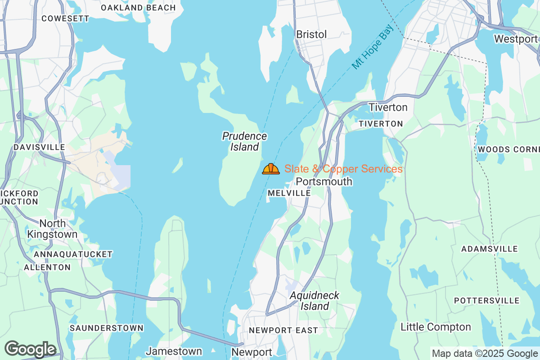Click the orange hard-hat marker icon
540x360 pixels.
271,169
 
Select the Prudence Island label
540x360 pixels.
245,141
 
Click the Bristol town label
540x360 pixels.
311,35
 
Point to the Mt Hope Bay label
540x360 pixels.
373,47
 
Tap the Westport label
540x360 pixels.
516,39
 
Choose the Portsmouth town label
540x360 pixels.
324,182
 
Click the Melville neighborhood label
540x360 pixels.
289,193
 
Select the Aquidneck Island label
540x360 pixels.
315,301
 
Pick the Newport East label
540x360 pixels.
283,330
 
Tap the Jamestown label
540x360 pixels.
174,351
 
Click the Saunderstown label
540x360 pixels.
107,328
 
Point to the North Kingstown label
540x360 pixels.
52,229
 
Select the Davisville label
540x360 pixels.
40,147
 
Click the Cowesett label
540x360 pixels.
65,18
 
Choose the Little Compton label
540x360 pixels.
436,327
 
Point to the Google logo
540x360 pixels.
30,349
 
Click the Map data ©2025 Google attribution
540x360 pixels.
485,354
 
